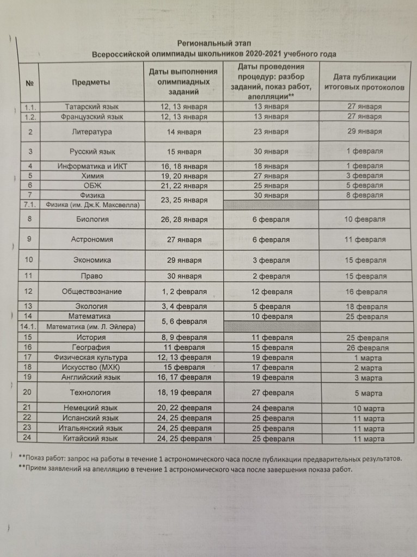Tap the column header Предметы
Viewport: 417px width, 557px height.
coord(90,82)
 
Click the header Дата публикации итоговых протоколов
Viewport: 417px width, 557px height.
coord(364,82)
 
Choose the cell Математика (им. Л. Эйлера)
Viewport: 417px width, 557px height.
coord(90,326)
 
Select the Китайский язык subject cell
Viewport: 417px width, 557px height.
coord(91,438)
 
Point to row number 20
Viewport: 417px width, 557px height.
coord(29,392)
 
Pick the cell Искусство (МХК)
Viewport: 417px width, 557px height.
coord(91,367)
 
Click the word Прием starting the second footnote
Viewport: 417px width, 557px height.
coord(36,469)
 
